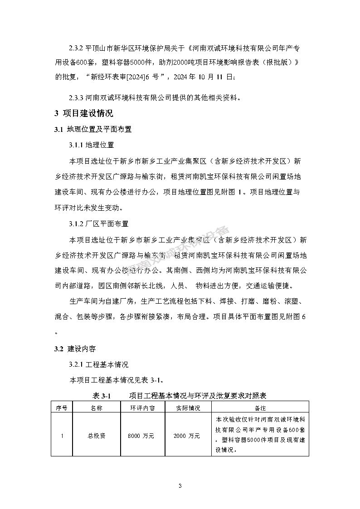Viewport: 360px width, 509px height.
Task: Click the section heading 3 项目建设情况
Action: tap(84, 113)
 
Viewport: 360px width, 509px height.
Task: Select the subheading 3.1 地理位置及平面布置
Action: tap(93, 130)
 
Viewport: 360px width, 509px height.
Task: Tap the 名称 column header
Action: tap(96, 407)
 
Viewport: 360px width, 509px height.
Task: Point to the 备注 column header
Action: tap(260, 407)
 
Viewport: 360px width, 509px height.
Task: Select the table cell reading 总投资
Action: tap(96, 436)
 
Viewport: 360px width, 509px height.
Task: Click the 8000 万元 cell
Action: tap(142, 436)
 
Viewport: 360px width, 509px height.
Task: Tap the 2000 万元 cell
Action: tap(187, 436)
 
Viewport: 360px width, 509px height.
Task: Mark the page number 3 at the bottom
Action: tap(180, 486)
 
